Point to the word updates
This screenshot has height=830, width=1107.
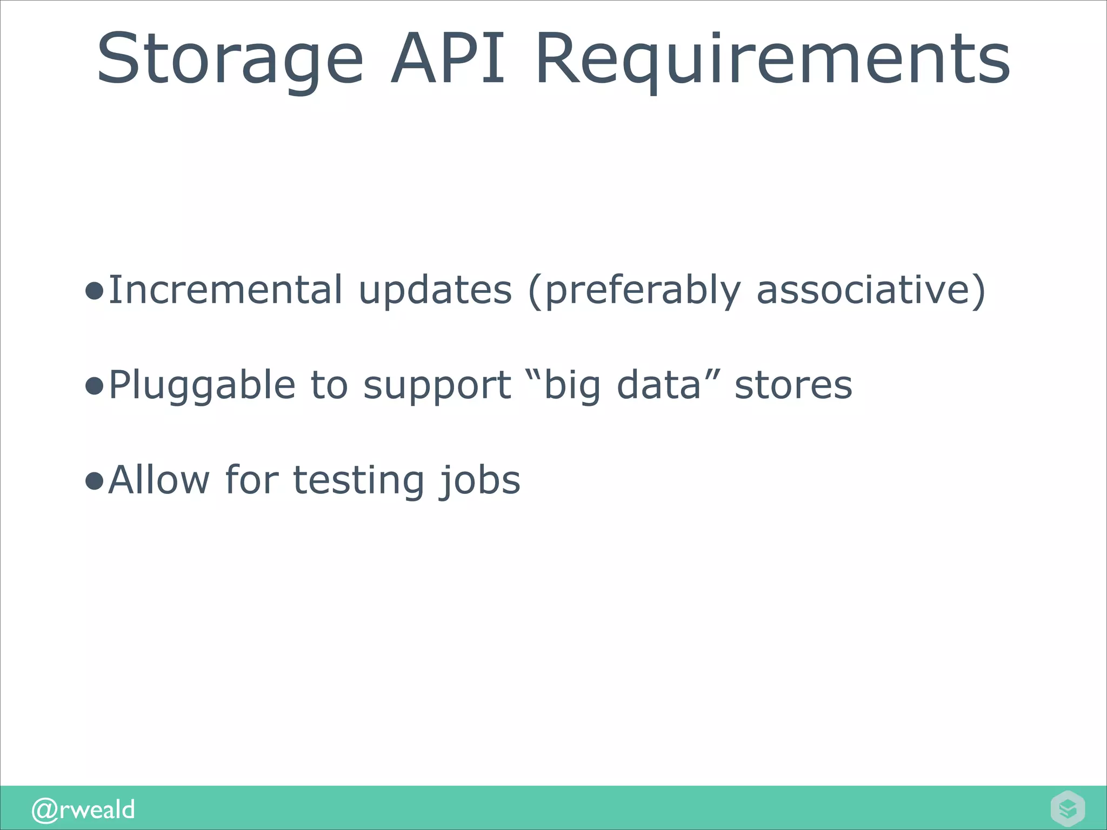click(435, 290)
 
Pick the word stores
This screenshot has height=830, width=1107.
click(793, 385)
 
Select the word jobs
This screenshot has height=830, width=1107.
click(479, 480)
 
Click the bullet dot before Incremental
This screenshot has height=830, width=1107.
click(94, 292)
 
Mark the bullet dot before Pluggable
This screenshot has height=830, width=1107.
click(94, 387)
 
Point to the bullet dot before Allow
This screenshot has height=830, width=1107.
click(94, 481)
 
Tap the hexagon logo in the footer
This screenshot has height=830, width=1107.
click(1068, 808)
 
